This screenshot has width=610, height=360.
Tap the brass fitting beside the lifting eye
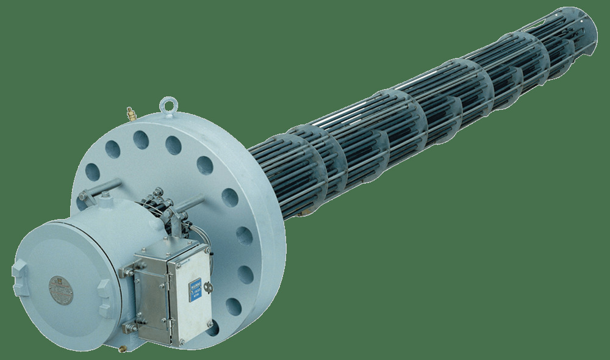tap(129, 112)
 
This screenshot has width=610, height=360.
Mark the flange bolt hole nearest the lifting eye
tap(173, 145)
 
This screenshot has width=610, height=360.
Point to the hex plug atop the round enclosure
tap(106, 195)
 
